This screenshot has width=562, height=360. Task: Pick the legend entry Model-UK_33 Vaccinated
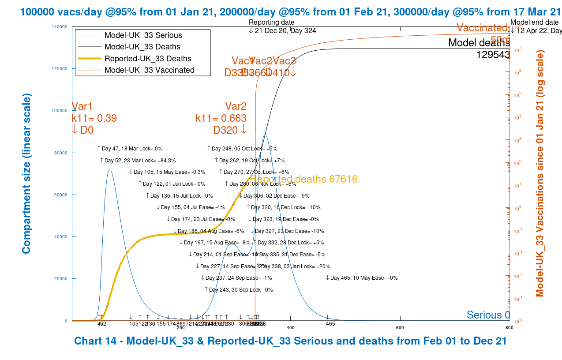[x=149, y=70]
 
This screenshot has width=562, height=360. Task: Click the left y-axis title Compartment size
[x=26, y=173]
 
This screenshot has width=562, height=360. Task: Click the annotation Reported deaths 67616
[x=304, y=179]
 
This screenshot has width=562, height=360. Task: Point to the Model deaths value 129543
[x=493, y=54]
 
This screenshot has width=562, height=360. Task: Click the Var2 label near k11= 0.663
[x=236, y=106]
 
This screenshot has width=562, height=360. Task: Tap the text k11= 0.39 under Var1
[x=94, y=118]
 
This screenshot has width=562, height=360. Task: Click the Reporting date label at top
[x=271, y=22]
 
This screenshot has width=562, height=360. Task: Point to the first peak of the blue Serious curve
[x=109, y=169]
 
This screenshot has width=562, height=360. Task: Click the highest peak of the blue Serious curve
[x=265, y=135]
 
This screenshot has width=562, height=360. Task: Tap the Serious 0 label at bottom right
[x=488, y=315]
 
